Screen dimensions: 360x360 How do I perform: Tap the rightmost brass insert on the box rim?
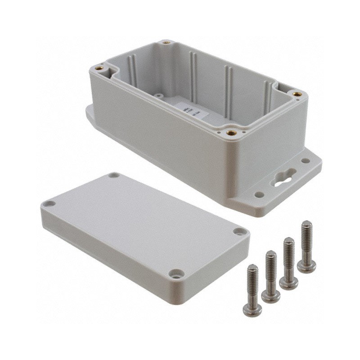[x=297, y=94]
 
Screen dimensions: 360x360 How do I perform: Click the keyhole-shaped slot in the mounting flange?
[x=282, y=177]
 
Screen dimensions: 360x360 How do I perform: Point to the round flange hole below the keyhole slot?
[x=259, y=194]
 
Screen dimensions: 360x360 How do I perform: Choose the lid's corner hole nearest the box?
[x=114, y=175]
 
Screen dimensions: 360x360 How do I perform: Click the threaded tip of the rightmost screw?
[x=306, y=226]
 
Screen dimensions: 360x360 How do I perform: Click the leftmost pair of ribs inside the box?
[x=132, y=67]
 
